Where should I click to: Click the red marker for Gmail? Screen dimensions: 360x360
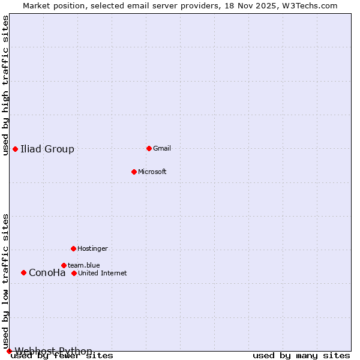pyautogui.click(x=149, y=148)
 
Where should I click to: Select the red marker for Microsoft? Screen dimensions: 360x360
pyautogui.click(x=134, y=172)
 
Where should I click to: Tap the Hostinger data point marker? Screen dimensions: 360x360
pyautogui.click(x=73, y=248)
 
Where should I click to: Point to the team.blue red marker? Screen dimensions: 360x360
pyautogui.click(x=64, y=265)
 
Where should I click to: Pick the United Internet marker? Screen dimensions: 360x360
pyautogui.click(x=74, y=273)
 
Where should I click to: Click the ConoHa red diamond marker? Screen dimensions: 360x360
pyautogui.click(x=23, y=272)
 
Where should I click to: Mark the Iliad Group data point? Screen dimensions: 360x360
pyautogui.click(x=15, y=149)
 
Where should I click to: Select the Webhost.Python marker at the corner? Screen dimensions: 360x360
pyautogui.click(x=9, y=351)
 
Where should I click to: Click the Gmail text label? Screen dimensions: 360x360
pyautogui.click(x=162, y=148)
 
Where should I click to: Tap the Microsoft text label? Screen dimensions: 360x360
pyautogui.click(x=152, y=172)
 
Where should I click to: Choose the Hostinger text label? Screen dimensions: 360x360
pyautogui.click(x=92, y=248)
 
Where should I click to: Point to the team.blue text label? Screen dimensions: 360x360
pyautogui.click(x=84, y=265)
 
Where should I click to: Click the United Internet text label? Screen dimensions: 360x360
pyautogui.click(x=103, y=273)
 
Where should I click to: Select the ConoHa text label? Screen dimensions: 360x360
pyautogui.click(x=47, y=272)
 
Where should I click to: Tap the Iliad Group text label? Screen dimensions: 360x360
pyautogui.click(x=47, y=149)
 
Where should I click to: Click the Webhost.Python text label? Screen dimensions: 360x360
pyautogui.click(x=54, y=351)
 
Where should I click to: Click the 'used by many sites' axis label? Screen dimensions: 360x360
pyautogui.click(x=301, y=356)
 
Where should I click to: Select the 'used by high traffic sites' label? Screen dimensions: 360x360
pyautogui.click(x=5, y=85)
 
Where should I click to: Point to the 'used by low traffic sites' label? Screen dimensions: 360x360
pyautogui.click(x=5, y=281)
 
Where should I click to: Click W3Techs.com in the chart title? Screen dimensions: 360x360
pyautogui.click(x=310, y=5)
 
